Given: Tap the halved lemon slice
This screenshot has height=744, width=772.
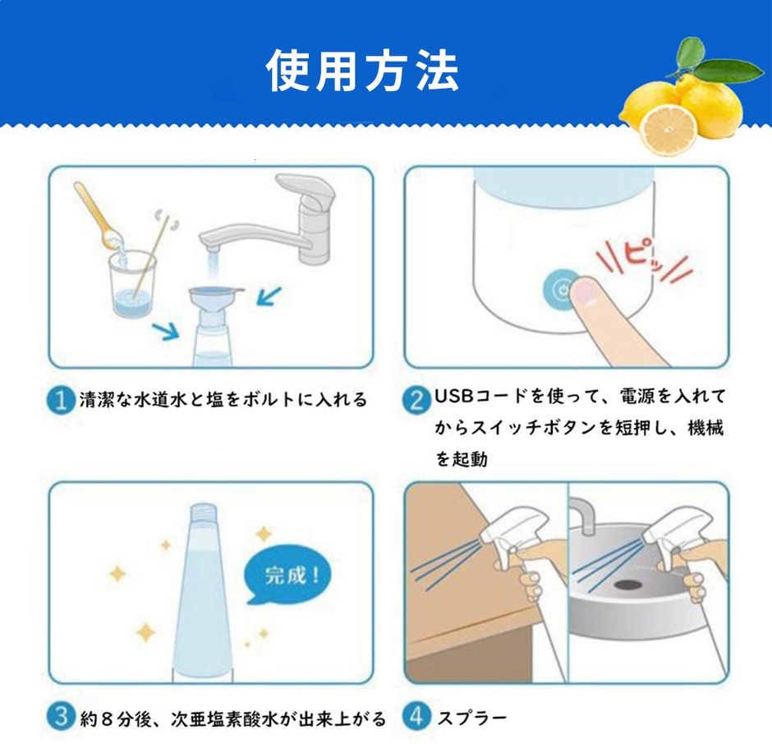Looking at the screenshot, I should click(x=666, y=130).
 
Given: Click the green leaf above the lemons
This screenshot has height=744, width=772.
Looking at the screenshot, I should click(x=723, y=69).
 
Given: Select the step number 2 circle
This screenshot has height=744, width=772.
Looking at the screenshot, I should click(x=418, y=400).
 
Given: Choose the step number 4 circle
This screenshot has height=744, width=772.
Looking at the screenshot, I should click(x=418, y=718).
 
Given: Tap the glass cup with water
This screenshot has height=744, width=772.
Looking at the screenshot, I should click(x=131, y=287).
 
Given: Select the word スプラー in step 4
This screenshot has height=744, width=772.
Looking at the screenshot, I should click(x=471, y=719).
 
